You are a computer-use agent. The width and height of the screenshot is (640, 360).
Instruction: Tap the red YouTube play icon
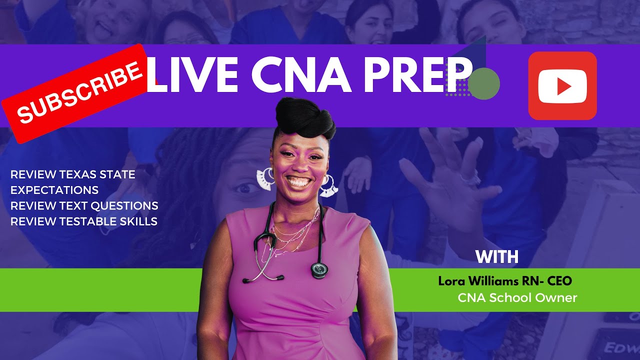point(562,86)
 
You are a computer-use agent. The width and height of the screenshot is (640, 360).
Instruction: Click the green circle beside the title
point(484,83)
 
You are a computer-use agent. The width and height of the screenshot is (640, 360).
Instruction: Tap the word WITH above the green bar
point(497,257)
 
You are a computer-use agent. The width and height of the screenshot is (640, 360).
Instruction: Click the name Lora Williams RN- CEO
point(505,281)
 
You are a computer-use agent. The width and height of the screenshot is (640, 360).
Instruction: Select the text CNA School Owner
point(517,298)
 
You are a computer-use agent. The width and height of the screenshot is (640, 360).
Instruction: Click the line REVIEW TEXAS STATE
point(73,174)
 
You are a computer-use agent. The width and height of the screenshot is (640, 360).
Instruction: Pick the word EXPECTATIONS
point(54,190)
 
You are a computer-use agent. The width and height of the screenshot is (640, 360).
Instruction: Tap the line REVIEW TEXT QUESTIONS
point(84,205)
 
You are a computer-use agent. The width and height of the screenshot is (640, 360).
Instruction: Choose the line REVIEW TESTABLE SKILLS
point(84,221)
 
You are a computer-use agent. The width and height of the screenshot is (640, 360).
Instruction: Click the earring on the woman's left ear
point(329,186)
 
